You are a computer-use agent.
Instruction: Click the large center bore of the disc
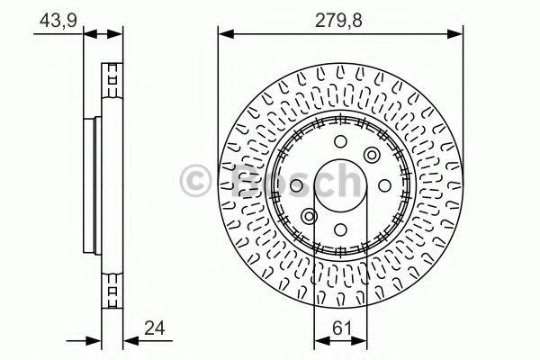pos(341,185)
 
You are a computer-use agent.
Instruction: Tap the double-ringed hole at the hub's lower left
pos(310,216)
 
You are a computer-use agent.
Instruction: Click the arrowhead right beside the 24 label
pos(129,341)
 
